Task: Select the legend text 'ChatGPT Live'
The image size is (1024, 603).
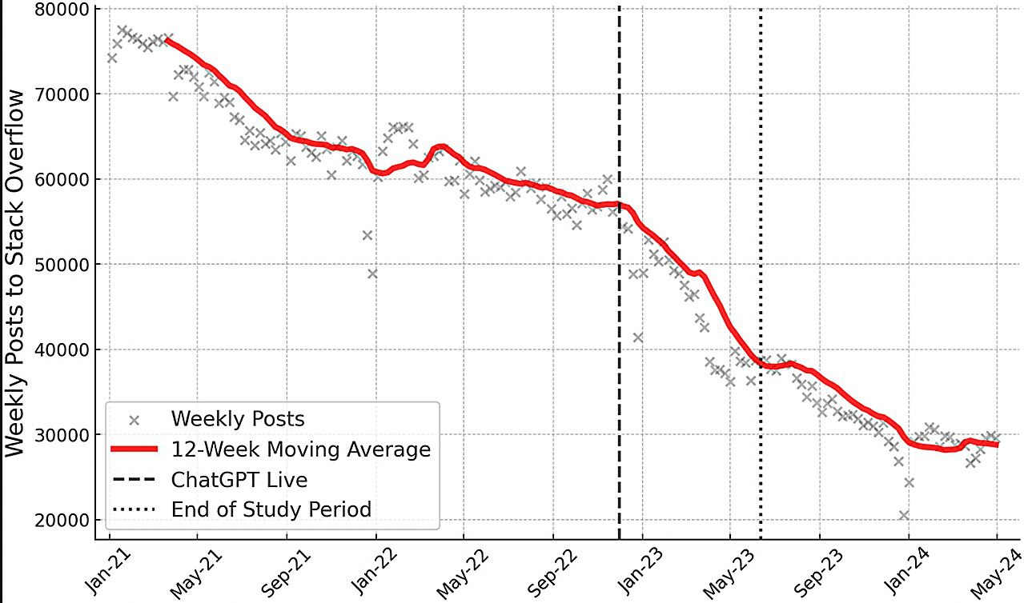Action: [x=239, y=479]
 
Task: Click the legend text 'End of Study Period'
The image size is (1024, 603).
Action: [x=271, y=509]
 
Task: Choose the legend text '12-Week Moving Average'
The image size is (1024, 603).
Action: [x=300, y=449]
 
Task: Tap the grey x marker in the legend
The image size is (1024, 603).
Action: [x=135, y=419]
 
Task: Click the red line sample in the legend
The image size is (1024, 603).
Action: [x=135, y=449]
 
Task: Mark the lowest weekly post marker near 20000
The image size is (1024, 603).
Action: [x=904, y=515]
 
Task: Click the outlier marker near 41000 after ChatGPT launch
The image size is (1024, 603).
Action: [x=637, y=337]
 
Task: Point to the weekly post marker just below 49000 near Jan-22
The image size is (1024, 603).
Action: [x=372, y=274]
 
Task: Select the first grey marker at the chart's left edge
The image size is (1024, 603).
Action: [x=111, y=58]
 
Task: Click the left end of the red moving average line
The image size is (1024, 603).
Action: [x=166, y=39]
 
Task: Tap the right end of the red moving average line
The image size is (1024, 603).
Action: [x=997, y=445]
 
